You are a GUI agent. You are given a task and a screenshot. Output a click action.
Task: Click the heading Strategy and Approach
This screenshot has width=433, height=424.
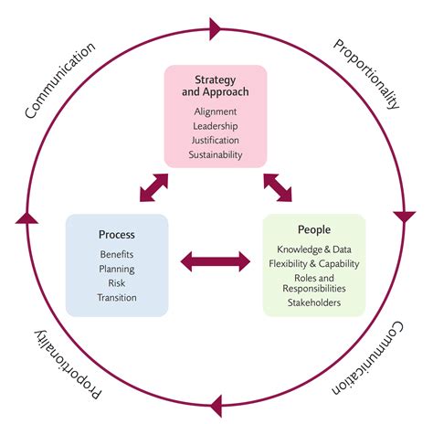(216, 85)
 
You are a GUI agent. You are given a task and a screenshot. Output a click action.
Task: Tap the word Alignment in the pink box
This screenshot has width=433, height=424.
(216, 111)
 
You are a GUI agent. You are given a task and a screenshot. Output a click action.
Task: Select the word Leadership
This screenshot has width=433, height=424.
(216, 126)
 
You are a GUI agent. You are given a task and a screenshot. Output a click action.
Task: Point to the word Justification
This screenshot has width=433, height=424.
(216, 141)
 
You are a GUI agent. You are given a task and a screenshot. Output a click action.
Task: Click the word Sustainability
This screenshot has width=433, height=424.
(216, 155)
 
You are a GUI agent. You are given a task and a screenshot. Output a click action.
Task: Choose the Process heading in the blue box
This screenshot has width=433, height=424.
(117, 234)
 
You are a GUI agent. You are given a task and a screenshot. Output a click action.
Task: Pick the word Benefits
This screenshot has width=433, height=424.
(117, 254)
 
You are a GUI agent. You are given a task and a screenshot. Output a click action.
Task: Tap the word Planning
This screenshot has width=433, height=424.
(117, 269)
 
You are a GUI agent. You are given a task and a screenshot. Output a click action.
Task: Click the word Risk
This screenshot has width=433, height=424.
(117, 283)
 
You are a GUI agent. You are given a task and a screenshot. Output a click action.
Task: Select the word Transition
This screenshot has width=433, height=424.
(117, 298)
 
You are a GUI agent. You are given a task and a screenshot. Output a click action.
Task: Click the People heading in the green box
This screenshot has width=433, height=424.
(314, 229)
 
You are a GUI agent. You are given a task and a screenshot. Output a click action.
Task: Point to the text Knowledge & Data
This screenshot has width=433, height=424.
(314, 249)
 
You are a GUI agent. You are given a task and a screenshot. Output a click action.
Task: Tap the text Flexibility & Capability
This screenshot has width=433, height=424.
(314, 264)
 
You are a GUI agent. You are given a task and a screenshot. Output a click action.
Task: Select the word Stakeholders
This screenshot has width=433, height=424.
(314, 302)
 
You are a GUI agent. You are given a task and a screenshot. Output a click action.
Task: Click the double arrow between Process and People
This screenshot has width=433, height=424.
(216, 263)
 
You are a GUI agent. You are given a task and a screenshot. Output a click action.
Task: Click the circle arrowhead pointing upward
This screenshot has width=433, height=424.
(26, 217)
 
